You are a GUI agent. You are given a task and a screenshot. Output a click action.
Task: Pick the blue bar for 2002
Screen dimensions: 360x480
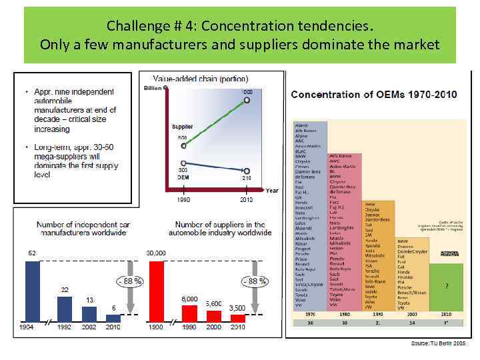89,314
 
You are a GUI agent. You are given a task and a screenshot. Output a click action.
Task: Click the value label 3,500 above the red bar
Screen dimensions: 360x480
238,308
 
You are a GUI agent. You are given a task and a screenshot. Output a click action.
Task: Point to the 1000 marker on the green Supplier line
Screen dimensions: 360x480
247,100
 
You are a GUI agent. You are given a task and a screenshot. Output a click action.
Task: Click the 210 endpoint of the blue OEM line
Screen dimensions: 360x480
247,169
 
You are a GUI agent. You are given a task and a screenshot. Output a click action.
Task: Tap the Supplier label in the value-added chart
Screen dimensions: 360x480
183,127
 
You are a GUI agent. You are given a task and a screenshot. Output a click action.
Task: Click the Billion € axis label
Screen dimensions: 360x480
156,89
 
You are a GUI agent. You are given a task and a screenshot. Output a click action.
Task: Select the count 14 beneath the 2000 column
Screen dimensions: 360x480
411,322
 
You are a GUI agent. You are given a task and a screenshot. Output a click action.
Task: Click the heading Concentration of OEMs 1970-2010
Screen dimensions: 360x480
373,94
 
